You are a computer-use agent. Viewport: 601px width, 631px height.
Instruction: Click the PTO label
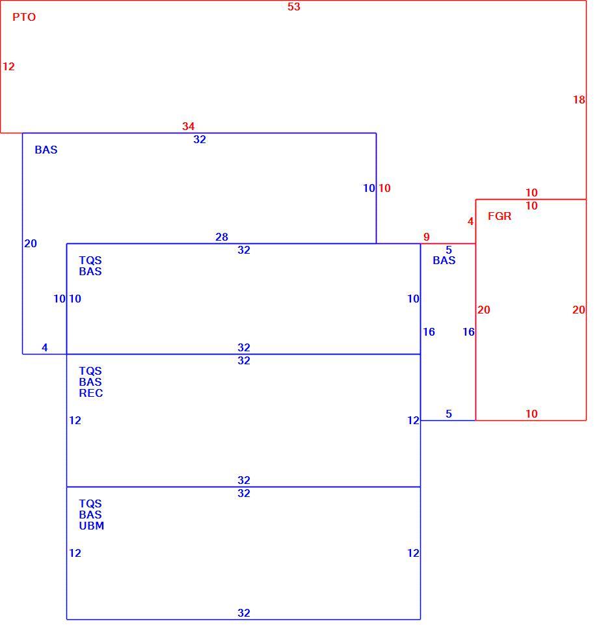[24, 17]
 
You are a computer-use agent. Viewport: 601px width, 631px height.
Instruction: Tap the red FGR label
[500, 216]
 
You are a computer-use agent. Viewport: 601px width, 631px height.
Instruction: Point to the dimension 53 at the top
[294, 7]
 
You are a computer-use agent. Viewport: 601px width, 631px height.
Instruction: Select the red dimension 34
[188, 126]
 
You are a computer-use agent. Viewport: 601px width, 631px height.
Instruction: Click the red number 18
[579, 100]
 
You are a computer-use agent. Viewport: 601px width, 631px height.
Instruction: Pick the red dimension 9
[427, 237]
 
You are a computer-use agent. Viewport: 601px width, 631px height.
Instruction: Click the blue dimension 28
[222, 237]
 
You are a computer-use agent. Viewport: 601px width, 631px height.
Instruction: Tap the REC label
[91, 393]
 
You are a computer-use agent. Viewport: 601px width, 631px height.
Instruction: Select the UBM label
[92, 526]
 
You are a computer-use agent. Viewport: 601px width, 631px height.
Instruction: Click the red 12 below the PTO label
[8, 66]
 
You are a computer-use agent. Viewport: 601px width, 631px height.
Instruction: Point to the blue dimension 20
[31, 243]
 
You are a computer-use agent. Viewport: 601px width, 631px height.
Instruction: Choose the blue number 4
[45, 347]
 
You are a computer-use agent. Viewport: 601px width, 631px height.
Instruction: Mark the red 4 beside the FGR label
[471, 221]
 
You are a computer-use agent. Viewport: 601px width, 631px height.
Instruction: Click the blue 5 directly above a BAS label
[449, 250]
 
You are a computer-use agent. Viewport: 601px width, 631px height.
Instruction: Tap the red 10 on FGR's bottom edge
[531, 414]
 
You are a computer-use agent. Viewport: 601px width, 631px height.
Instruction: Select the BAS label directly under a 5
[444, 260]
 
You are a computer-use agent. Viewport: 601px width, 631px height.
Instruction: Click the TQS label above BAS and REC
[90, 371]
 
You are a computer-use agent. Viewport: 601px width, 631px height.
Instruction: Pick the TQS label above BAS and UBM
[90, 504]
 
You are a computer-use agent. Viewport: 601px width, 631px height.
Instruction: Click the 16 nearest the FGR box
[469, 332]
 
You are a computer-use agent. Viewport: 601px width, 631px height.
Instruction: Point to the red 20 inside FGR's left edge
[484, 310]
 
